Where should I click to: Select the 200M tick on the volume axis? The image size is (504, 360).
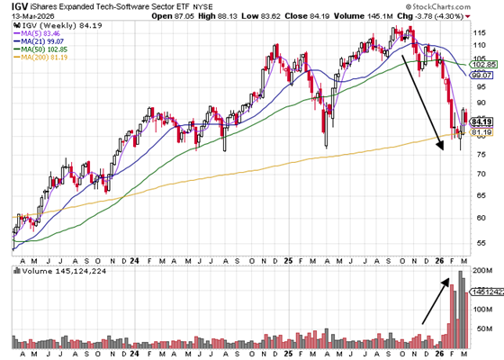483,271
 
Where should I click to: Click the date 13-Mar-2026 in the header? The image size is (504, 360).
31,15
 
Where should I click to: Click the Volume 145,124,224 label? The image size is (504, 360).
55,270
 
